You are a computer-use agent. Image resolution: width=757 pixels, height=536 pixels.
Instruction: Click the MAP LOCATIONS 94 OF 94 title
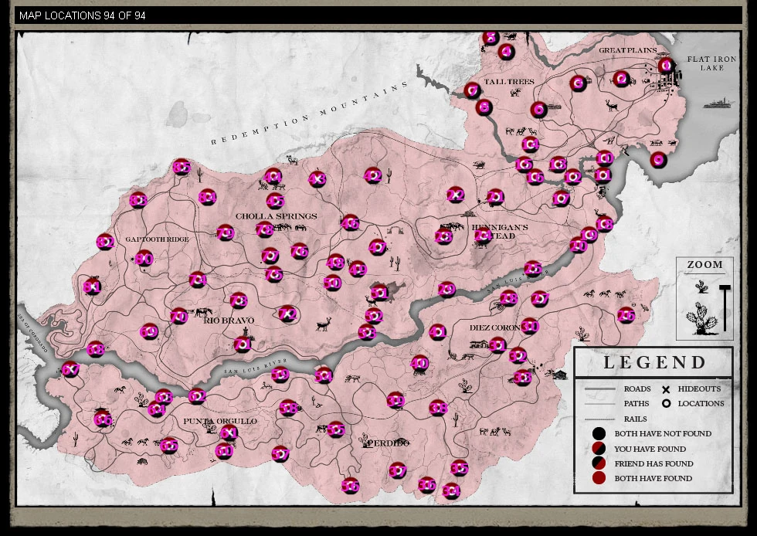click(x=82, y=15)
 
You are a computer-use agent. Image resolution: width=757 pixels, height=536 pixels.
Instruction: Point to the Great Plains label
click(x=627, y=51)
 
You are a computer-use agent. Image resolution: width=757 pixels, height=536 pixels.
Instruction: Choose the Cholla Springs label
click(x=276, y=216)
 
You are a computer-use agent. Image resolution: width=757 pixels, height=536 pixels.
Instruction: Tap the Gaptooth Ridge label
click(x=157, y=239)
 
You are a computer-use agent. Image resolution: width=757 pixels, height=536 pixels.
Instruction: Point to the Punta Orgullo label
click(x=219, y=421)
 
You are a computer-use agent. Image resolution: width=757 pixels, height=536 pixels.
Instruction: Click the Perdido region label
click(x=388, y=443)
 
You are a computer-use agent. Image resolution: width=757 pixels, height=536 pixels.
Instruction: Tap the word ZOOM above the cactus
click(x=704, y=265)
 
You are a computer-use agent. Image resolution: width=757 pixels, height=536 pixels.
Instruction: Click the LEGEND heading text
click(x=654, y=362)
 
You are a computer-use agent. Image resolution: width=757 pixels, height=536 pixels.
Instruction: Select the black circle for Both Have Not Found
click(x=599, y=434)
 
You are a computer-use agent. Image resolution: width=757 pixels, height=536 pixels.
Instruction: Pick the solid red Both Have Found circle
click(x=599, y=478)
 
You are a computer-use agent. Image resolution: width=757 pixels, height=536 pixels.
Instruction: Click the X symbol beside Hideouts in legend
click(x=665, y=389)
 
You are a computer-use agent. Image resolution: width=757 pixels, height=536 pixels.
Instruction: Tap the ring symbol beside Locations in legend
click(x=665, y=403)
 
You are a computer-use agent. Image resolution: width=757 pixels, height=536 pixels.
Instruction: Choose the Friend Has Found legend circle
click(x=599, y=463)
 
